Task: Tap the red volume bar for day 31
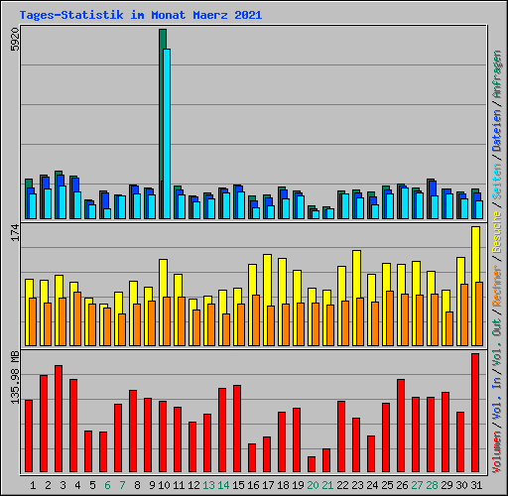tap(475, 413)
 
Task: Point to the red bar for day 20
tap(312, 464)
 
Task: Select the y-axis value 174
tap(14, 233)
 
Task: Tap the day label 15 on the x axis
tap(237, 485)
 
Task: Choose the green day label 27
tap(416, 485)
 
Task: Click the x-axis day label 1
tap(33, 485)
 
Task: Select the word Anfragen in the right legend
tap(496, 74)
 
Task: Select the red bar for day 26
tap(401, 426)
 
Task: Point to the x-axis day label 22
tap(341, 485)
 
